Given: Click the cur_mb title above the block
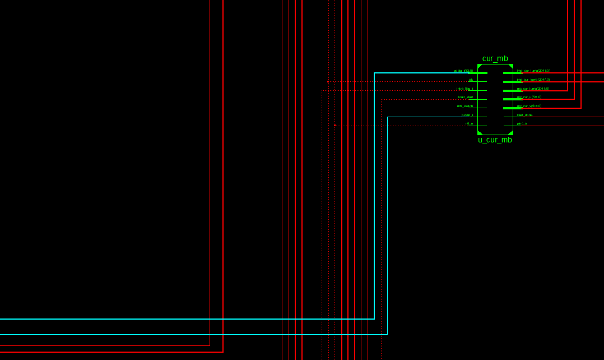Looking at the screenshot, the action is [x=495, y=59].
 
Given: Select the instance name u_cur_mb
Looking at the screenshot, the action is [x=495, y=140].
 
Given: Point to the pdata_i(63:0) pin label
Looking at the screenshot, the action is [x=463, y=71].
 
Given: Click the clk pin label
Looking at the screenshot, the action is [x=471, y=80].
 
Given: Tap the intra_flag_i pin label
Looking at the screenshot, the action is [x=464, y=89].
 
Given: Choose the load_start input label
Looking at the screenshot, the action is [x=466, y=97].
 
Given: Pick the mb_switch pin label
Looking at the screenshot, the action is [x=465, y=106].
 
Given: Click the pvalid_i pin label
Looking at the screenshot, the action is [x=467, y=115].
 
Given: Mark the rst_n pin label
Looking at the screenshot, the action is [x=469, y=123].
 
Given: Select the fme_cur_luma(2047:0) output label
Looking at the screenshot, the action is [x=533, y=71].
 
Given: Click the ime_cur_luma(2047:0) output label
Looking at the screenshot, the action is [x=533, y=80].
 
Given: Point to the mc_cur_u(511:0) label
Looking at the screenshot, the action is [x=529, y=97].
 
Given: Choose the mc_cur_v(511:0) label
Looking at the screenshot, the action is [x=529, y=106].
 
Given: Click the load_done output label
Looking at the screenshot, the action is [x=524, y=115].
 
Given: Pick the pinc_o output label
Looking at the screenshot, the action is [x=522, y=123].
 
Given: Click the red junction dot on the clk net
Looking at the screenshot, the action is [x=328, y=82].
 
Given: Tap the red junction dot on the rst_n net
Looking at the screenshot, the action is [x=335, y=126].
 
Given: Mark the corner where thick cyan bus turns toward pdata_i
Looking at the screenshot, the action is [x=374, y=73].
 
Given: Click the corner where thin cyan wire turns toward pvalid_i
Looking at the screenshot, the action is [x=388, y=117].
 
